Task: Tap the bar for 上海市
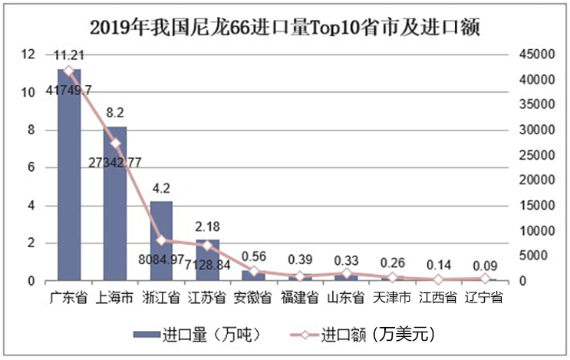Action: tap(115, 203)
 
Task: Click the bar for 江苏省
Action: tap(207, 260)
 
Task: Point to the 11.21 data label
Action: tap(69, 54)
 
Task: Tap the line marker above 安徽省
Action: tap(254, 272)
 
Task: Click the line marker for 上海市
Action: tap(115, 144)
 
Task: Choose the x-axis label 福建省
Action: tap(300, 297)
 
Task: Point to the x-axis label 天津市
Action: tap(392, 297)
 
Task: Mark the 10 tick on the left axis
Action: tap(28, 92)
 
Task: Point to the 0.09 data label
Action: tap(485, 267)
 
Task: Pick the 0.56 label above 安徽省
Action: tap(254, 256)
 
